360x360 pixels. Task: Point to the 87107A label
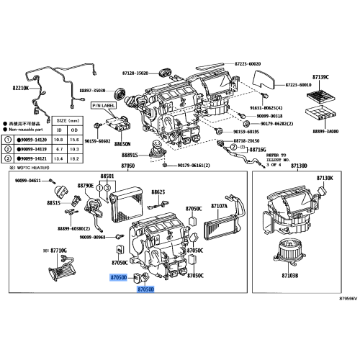click(219, 205)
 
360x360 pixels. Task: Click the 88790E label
click(85, 206)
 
